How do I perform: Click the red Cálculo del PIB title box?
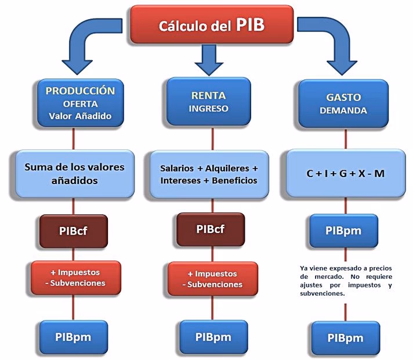[x=212, y=24]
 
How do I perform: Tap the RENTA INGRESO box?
[x=209, y=102]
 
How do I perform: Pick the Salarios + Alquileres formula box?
[x=209, y=174]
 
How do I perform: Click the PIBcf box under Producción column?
[x=74, y=229]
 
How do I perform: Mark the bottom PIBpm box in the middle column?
[x=210, y=337]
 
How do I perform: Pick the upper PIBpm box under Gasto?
[x=344, y=231]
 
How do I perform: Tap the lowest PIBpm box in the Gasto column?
[x=345, y=338]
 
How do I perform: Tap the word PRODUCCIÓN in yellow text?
[x=80, y=91]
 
